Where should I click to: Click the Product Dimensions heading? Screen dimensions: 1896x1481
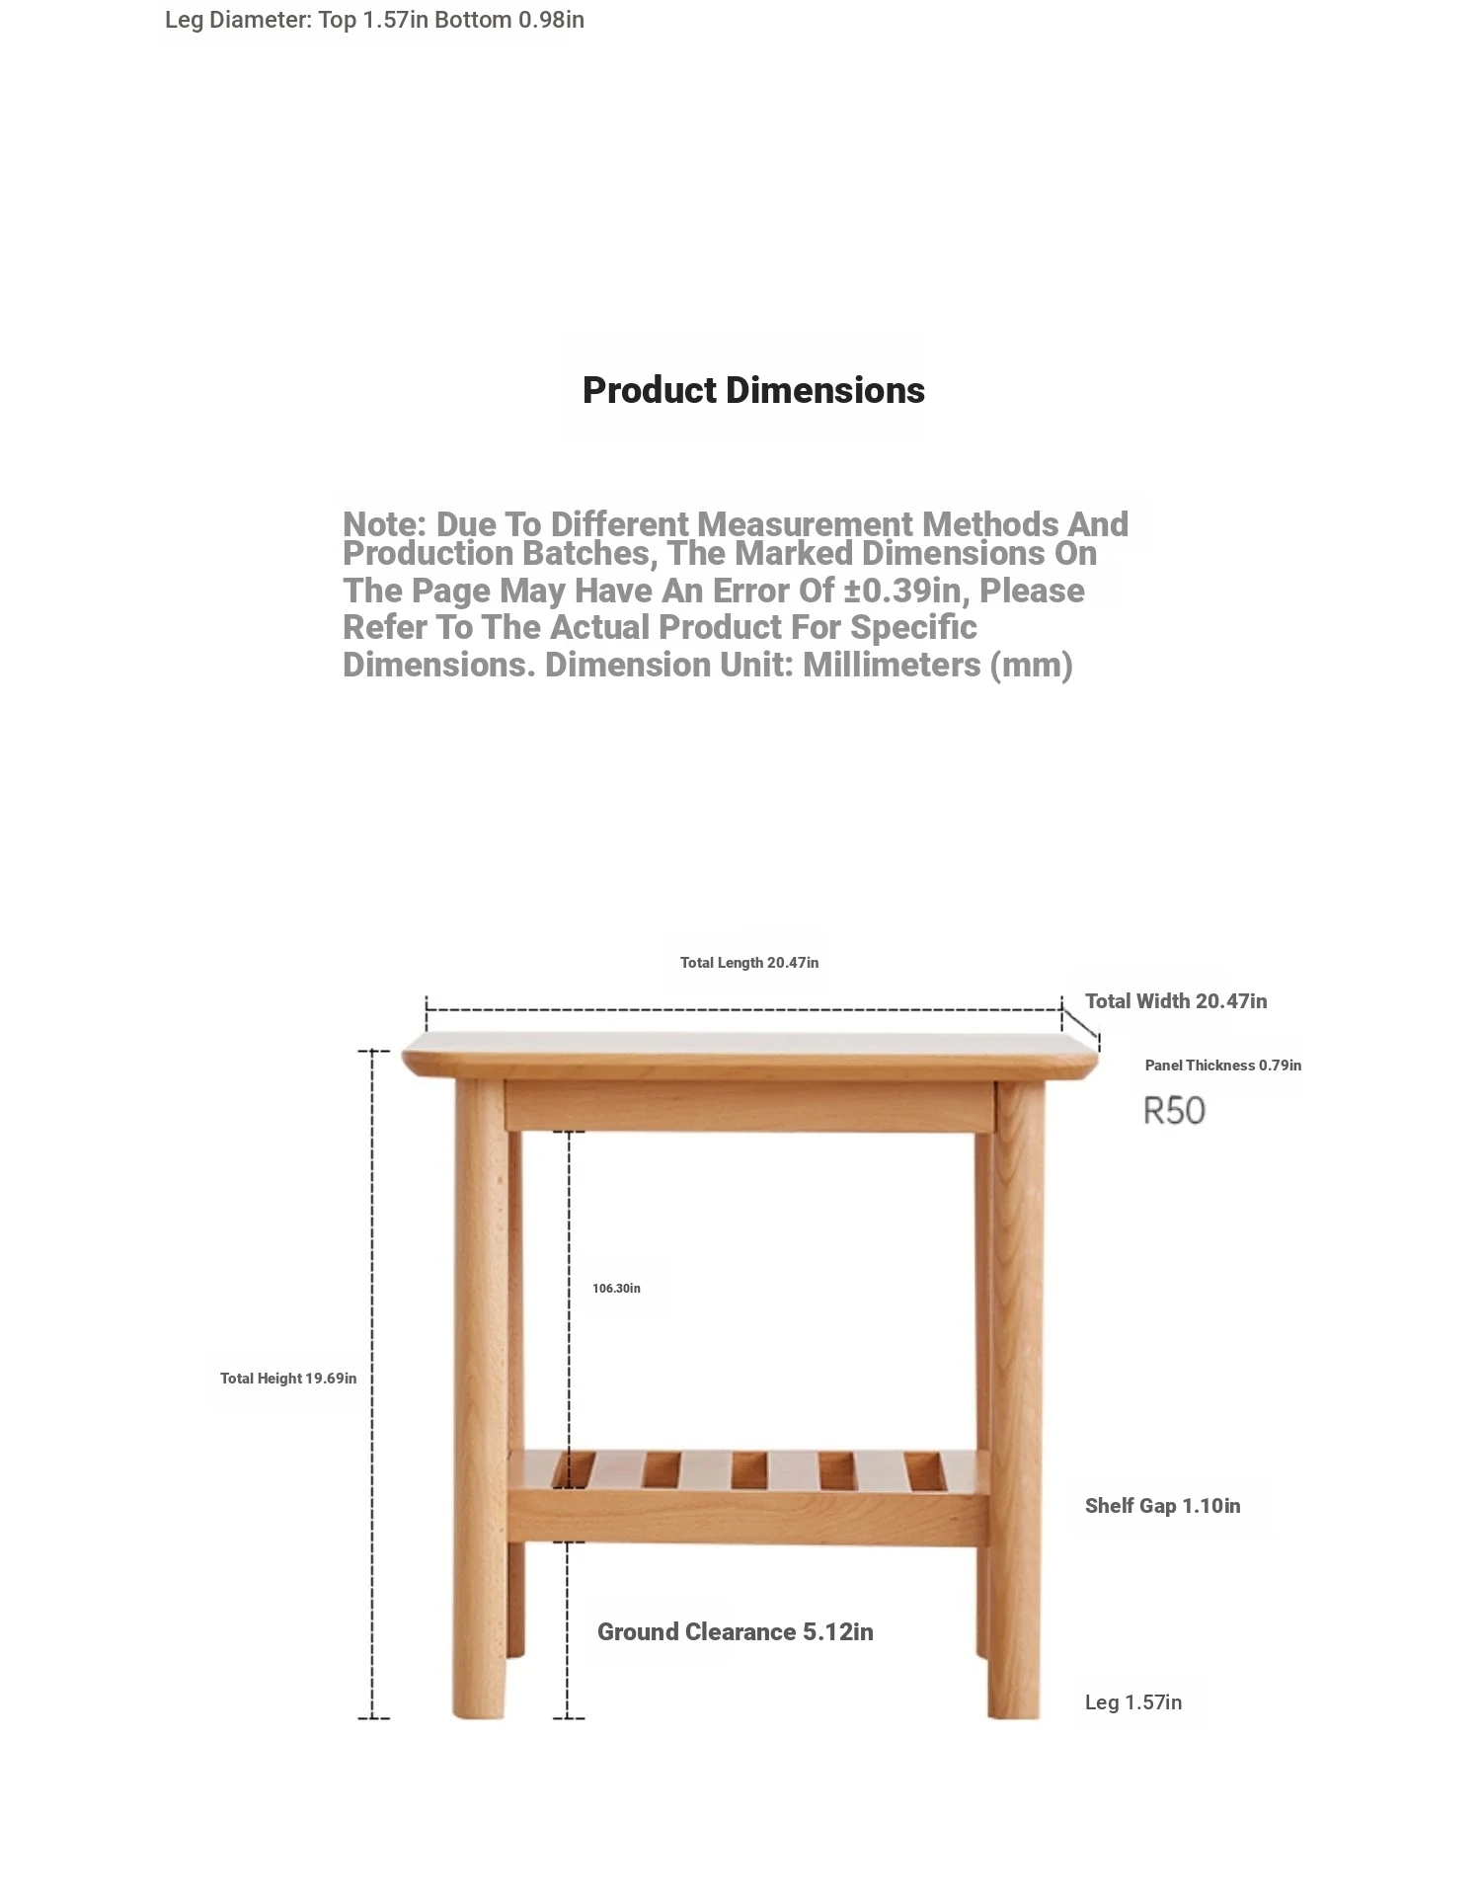(753, 390)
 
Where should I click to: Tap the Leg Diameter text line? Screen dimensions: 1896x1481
(374, 20)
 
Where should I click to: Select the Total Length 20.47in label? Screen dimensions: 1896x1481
(748, 963)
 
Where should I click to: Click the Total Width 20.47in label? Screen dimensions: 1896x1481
(1175, 1001)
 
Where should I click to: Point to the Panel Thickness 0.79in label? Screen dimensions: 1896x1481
(1222, 1066)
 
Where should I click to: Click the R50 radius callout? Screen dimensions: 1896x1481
(1174, 1111)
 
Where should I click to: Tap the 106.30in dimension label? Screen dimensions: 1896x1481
(616, 1289)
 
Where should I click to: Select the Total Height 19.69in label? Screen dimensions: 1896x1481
(288, 1379)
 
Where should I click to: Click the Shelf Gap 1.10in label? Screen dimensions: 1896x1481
(1162, 1506)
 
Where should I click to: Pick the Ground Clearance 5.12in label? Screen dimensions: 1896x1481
(735, 1632)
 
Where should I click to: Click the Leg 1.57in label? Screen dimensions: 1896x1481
(1132, 1702)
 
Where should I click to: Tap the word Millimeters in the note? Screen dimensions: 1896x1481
(893, 666)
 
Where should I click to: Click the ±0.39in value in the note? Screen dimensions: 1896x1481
(902, 591)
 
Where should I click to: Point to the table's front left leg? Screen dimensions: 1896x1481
(481, 1402)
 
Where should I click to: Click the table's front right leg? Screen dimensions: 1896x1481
(1017, 1402)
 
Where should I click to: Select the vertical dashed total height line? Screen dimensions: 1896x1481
(372, 1382)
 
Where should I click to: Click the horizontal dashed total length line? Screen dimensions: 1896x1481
(740, 1009)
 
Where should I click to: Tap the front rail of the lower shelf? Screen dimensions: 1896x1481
(747, 1518)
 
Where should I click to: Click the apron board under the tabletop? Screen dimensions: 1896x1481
(748, 1106)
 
